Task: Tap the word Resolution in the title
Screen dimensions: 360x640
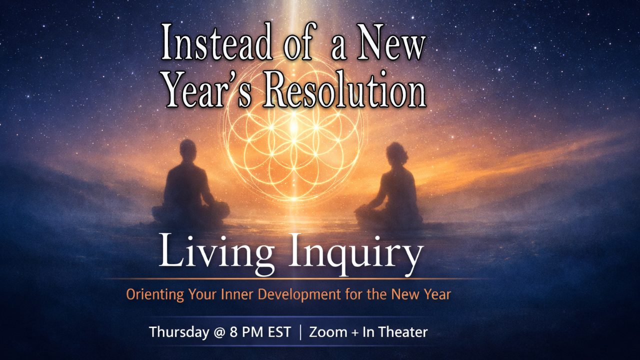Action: pyautogui.click(x=345, y=90)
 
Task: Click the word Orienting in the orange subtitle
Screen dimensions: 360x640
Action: pyautogui.click(x=155, y=294)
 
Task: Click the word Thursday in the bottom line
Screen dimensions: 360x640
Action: pyautogui.click(x=179, y=332)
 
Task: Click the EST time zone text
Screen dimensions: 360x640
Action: pyautogui.click(x=277, y=332)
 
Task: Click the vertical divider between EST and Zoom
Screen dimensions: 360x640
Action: pyautogui.click(x=300, y=332)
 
